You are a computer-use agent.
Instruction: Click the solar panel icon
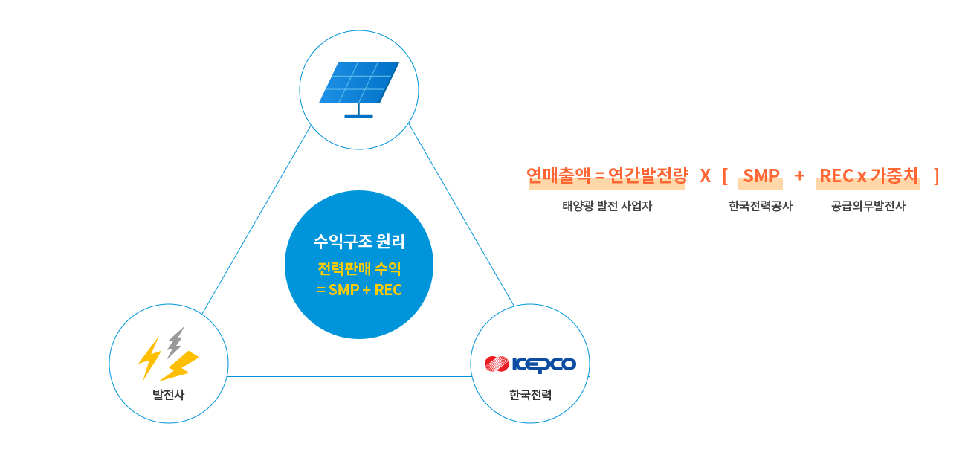(359, 90)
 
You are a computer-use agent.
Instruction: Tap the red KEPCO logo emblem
(497, 364)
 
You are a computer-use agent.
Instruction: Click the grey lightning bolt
(175, 342)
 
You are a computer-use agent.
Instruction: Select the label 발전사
(169, 395)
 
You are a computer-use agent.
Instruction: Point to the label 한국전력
(530, 395)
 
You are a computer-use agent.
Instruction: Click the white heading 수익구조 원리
(359, 241)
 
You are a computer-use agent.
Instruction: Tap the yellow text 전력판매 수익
(359, 269)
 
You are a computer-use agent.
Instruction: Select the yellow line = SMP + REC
(359, 290)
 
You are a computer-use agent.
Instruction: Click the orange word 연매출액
(558, 175)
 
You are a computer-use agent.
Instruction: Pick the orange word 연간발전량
(648, 175)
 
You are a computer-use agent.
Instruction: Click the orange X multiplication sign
(706, 175)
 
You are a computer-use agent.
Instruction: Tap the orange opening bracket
(726, 176)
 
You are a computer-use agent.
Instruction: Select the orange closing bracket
(937, 176)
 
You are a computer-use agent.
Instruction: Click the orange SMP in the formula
(761, 175)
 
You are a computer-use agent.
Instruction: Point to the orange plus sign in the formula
(799, 175)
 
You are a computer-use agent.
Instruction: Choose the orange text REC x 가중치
(868, 175)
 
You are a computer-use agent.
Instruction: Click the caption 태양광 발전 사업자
(607, 207)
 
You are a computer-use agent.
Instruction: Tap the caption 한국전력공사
(761, 207)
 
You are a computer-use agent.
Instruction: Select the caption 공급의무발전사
(868, 207)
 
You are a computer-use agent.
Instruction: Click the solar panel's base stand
(358, 113)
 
